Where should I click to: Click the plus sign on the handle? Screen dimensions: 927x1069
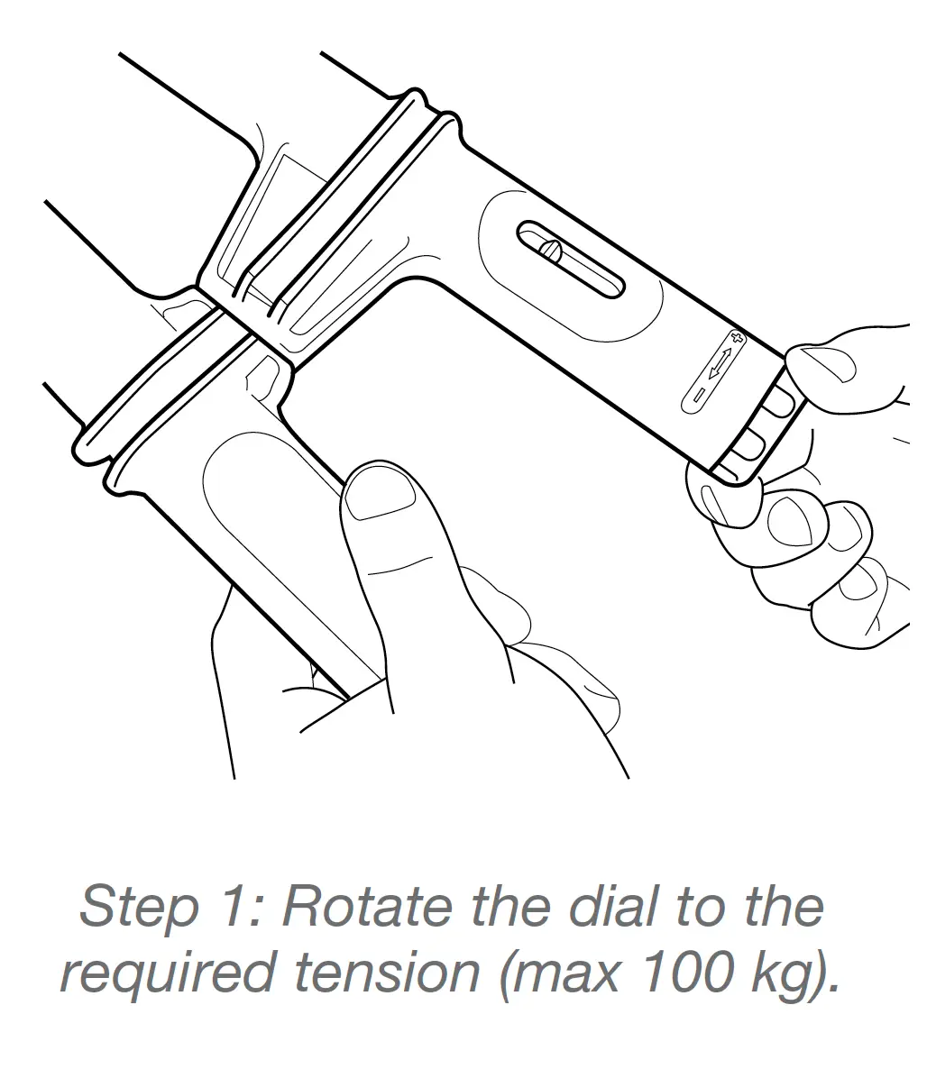click(735, 337)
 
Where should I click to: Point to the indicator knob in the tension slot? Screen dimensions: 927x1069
click(551, 251)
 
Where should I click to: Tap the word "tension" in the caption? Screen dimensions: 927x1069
click(387, 973)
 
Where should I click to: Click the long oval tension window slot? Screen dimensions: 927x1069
click(570, 259)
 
